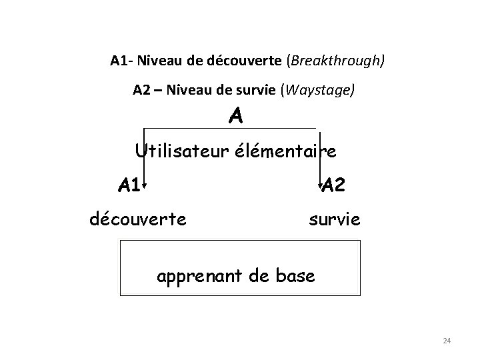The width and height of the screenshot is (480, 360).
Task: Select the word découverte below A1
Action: [x=138, y=218]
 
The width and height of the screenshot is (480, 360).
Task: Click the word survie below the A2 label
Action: [x=334, y=218]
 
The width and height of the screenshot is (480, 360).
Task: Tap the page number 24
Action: [x=447, y=341]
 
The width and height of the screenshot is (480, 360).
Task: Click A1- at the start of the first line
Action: [x=121, y=61]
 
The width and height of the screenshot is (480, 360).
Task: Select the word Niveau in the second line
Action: [x=192, y=89]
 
